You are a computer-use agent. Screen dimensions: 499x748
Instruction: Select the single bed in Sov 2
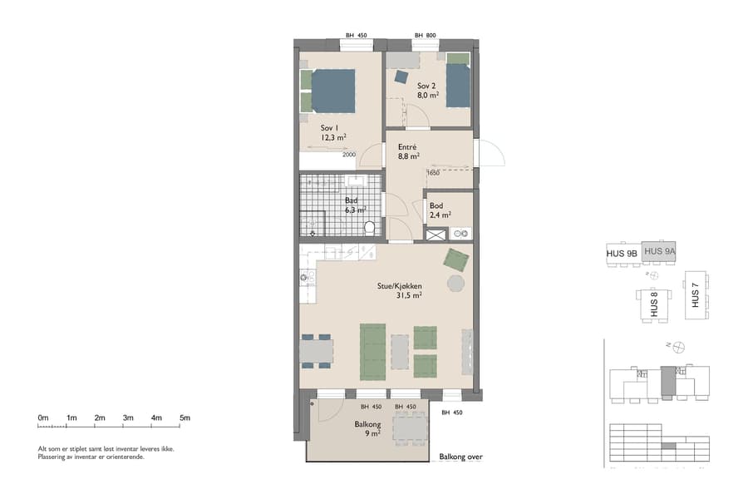(x=458, y=85)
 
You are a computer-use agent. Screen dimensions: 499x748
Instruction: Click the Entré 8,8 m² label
(x=407, y=151)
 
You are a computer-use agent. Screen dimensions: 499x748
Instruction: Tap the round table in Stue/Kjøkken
(x=456, y=284)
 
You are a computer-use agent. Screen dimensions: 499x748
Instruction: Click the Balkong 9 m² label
(x=367, y=428)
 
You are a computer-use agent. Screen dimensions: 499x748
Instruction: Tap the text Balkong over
(x=460, y=457)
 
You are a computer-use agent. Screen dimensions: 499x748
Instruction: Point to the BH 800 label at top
(x=425, y=36)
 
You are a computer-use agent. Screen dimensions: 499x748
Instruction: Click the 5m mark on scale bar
(x=185, y=417)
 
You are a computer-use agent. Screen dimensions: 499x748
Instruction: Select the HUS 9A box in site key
(x=661, y=251)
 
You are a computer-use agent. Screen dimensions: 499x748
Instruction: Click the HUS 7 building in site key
(x=696, y=294)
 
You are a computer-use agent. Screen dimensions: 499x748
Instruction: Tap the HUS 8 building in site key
(x=653, y=304)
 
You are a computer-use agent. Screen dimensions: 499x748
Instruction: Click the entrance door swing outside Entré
(x=490, y=154)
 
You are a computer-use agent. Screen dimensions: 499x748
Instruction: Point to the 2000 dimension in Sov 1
(x=348, y=154)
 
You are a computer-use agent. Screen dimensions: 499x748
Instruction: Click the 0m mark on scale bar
(x=43, y=417)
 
